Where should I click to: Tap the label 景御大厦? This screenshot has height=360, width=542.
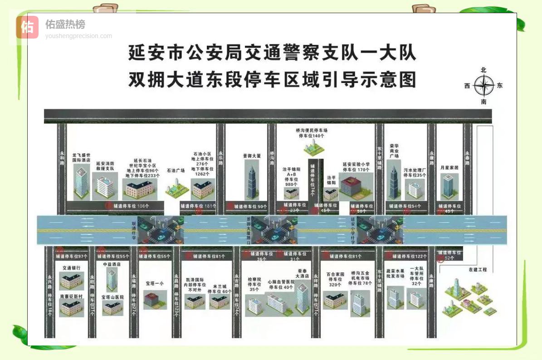point(252,156)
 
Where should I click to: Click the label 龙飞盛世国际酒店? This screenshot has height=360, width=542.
point(81,157)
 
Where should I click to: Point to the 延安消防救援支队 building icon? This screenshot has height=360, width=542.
point(105,185)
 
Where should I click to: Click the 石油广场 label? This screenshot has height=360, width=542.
point(176,170)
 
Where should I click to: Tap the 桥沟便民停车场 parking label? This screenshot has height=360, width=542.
point(312,133)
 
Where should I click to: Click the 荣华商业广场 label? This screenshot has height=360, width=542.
point(394,151)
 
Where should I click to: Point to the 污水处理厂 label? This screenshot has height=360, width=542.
point(415,172)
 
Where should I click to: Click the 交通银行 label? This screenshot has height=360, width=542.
point(71,268)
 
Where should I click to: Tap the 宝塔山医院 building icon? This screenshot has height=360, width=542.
point(112,308)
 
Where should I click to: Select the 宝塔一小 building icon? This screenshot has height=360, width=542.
point(155,300)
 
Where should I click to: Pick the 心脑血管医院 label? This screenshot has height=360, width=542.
point(281,284)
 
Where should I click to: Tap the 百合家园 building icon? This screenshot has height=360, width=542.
point(335,299)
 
